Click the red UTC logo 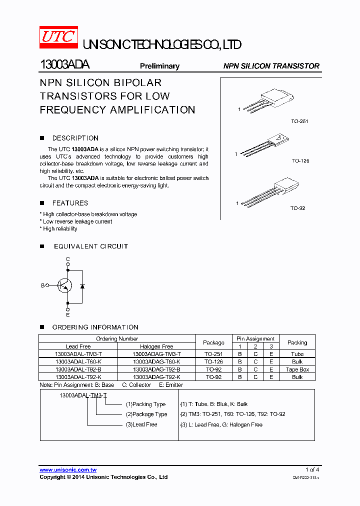point(58,37)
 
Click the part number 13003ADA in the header point(64,65)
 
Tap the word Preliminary point(159,66)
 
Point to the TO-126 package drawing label point(300,160)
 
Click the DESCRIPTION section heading point(75,138)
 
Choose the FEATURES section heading point(70,203)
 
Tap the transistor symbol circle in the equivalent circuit point(64,285)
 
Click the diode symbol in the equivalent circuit point(82,285)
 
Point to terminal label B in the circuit point(43,285)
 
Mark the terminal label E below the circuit point(68,314)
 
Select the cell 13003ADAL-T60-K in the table point(78,361)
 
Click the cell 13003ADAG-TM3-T point(156,354)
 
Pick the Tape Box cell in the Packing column point(297,369)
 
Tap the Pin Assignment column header point(255,338)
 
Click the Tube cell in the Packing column point(297,354)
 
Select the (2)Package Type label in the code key point(146,414)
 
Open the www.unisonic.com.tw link point(68,470)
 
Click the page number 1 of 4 point(312,470)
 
